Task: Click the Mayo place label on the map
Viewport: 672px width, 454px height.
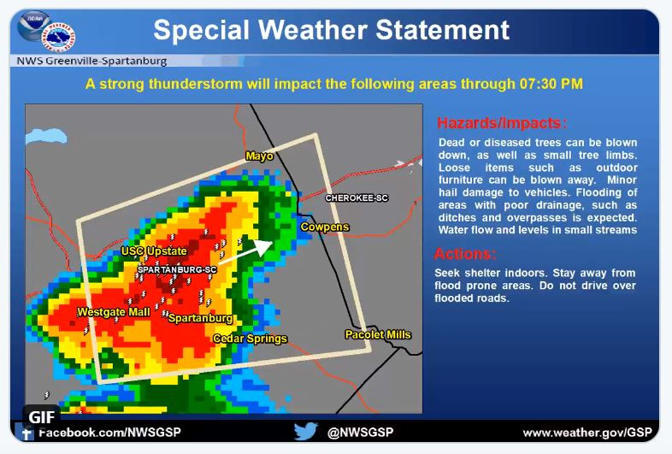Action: coord(259,156)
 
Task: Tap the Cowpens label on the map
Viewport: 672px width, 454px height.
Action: coord(325,227)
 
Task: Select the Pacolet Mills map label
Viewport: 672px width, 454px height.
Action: coord(378,334)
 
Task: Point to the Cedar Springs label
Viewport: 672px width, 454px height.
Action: coord(251,339)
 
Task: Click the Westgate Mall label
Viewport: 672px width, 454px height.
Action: coord(114,312)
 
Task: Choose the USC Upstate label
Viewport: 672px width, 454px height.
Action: coord(154,251)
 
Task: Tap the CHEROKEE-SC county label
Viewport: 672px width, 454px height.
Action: coord(357,198)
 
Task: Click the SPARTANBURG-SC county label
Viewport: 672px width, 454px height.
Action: coord(177,269)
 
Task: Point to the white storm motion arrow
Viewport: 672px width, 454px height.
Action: coord(245,251)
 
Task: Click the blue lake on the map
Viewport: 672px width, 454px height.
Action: coord(46,136)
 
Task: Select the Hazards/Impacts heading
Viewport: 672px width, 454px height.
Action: coord(502,123)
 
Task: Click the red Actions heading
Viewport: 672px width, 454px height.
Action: coord(465,254)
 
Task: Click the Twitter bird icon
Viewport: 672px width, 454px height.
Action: coord(306,431)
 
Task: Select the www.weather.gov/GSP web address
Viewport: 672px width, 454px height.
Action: coord(587,433)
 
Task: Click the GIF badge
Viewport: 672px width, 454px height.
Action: coord(42,416)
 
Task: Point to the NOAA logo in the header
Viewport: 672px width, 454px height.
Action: coord(34,27)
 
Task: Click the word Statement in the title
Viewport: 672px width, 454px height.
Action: coord(442,30)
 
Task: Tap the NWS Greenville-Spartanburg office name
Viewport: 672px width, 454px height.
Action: coord(91,61)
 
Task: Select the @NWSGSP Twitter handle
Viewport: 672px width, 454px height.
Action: coord(360,432)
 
